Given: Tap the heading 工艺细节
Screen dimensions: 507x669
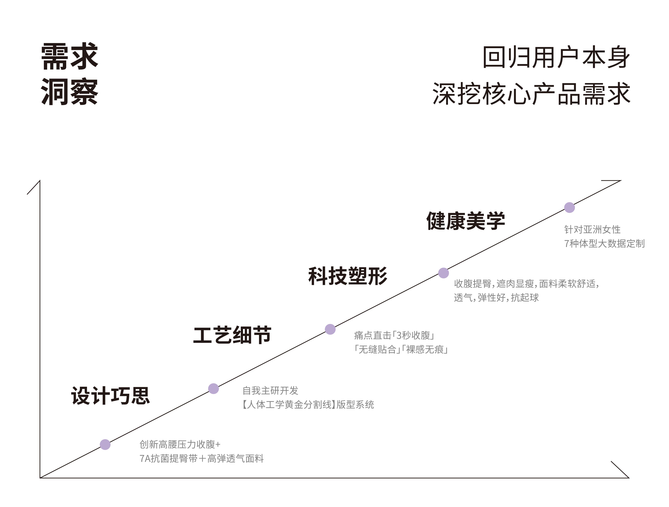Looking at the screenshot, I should coord(232,335).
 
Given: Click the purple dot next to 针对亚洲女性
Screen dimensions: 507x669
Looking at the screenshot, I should coord(569,208).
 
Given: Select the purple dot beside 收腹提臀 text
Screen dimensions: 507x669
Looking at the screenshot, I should coord(443,273).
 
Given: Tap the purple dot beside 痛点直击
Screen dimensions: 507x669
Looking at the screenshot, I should coord(330,329).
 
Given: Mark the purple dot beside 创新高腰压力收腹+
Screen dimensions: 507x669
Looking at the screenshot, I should coord(105,445).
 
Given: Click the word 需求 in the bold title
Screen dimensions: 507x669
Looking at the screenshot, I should coord(70,57).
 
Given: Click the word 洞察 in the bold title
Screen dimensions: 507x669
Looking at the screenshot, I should coord(70,92).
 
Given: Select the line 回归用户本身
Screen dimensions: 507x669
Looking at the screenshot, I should coord(556,58).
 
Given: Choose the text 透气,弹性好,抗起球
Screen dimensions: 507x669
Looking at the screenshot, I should coord(496,298).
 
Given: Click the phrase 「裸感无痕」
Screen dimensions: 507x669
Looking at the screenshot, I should coord(425,350).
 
